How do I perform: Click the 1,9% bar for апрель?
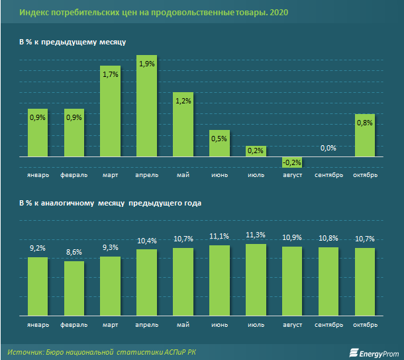146,106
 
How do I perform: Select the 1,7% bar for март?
110,111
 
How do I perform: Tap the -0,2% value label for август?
292,162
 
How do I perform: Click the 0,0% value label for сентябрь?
328,148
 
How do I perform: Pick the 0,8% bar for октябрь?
365,135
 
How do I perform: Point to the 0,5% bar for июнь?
219,143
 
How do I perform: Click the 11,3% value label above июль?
256,234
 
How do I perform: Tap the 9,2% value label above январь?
37,247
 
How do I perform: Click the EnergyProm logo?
375,351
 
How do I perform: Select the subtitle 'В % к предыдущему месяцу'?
73,42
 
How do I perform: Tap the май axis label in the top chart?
183,175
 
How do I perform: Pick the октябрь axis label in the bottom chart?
365,325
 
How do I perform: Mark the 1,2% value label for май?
183,101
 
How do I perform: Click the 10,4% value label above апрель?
146,240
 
